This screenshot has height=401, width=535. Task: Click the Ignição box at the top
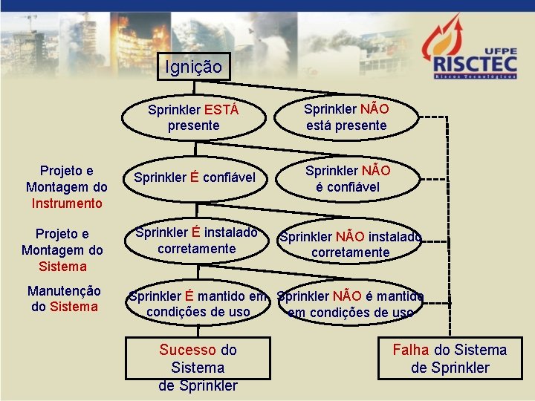[193, 67]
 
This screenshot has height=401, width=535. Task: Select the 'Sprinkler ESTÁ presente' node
[193, 117]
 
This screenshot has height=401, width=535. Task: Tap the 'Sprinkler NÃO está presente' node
[346, 117]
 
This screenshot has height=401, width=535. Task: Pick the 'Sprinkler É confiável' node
[195, 177]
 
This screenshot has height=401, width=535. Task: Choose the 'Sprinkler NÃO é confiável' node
[347, 178]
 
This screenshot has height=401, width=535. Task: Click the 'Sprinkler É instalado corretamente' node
[196, 240]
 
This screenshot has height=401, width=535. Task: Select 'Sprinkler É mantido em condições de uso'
[198, 304]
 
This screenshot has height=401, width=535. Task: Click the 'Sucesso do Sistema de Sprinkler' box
[198, 367]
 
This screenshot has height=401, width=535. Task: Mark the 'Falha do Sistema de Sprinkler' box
[450, 359]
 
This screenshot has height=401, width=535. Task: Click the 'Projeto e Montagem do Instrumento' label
[66, 187]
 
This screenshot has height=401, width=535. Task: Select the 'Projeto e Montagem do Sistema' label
[64, 250]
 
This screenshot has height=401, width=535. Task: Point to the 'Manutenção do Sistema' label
[64, 298]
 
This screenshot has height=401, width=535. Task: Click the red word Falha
[411, 350]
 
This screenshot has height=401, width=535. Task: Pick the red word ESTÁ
[221, 110]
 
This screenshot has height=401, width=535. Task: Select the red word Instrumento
[66, 203]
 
